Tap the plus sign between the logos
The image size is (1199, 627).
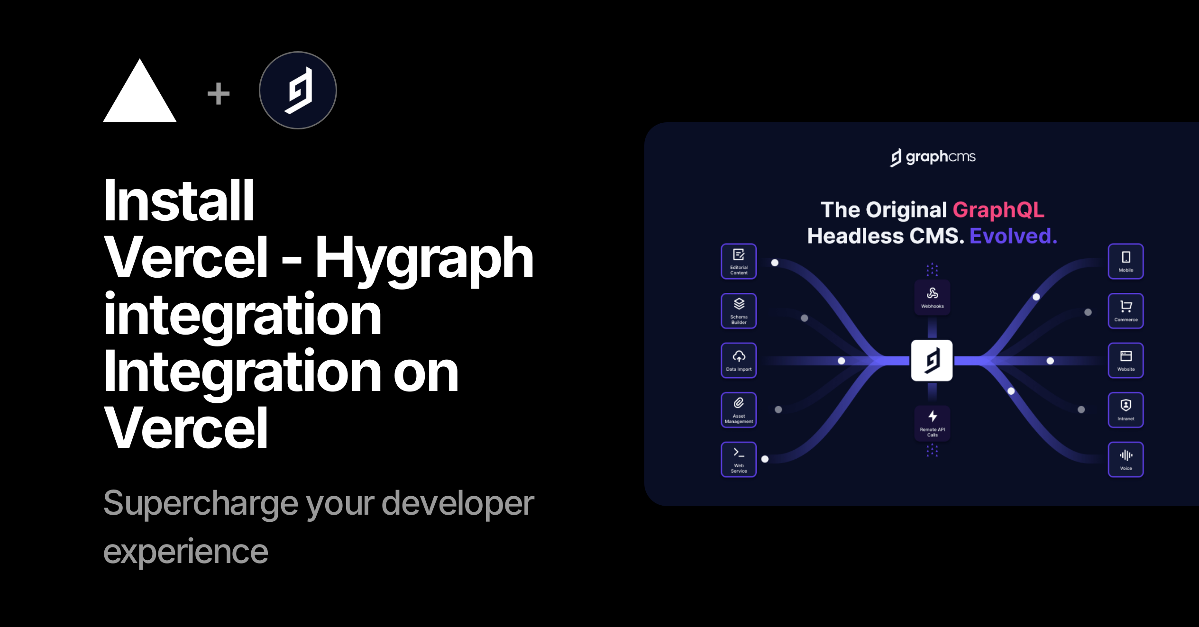click(x=219, y=93)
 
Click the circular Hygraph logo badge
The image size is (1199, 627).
click(x=298, y=90)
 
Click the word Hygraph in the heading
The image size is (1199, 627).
click(x=424, y=258)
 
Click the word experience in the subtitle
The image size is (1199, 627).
click(x=185, y=551)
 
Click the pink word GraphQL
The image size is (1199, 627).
click(x=998, y=210)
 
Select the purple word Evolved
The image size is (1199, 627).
click(x=1013, y=236)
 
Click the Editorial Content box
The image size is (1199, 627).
click(x=739, y=261)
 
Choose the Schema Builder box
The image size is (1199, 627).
click(x=739, y=311)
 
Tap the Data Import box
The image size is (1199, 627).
click(x=739, y=360)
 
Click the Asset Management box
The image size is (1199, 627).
click(x=739, y=410)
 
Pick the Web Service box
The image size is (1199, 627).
click(x=739, y=459)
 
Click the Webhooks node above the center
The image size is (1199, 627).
click(x=932, y=298)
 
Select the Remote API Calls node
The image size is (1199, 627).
click(x=932, y=423)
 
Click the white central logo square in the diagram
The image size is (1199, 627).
click(x=932, y=360)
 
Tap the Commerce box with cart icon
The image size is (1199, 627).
click(x=1126, y=311)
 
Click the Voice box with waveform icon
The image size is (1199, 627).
click(x=1126, y=459)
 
